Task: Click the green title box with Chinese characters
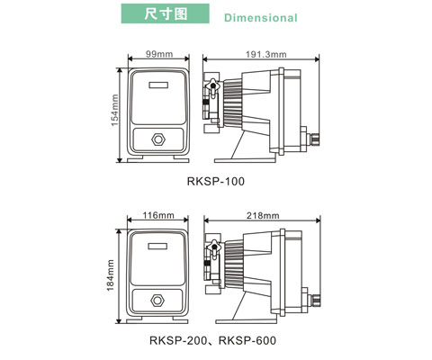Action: pyautogui.click(x=165, y=13)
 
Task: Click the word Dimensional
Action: pyautogui.click(x=261, y=18)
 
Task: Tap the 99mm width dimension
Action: pyautogui.click(x=159, y=54)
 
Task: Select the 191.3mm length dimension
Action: pyautogui.click(x=266, y=54)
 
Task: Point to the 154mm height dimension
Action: pyautogui.click(x=114, y=110)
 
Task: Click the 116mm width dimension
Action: pyautogui.click(x=158, y=215)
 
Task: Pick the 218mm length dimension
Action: pyautogui.click(x=263, y=215)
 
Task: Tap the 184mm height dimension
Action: pyautogui.click(x=111, y=275)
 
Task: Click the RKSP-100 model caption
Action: pyautogui.click(x=216, y=181)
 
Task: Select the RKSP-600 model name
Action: pyautogui.click(x=247, y=340)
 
